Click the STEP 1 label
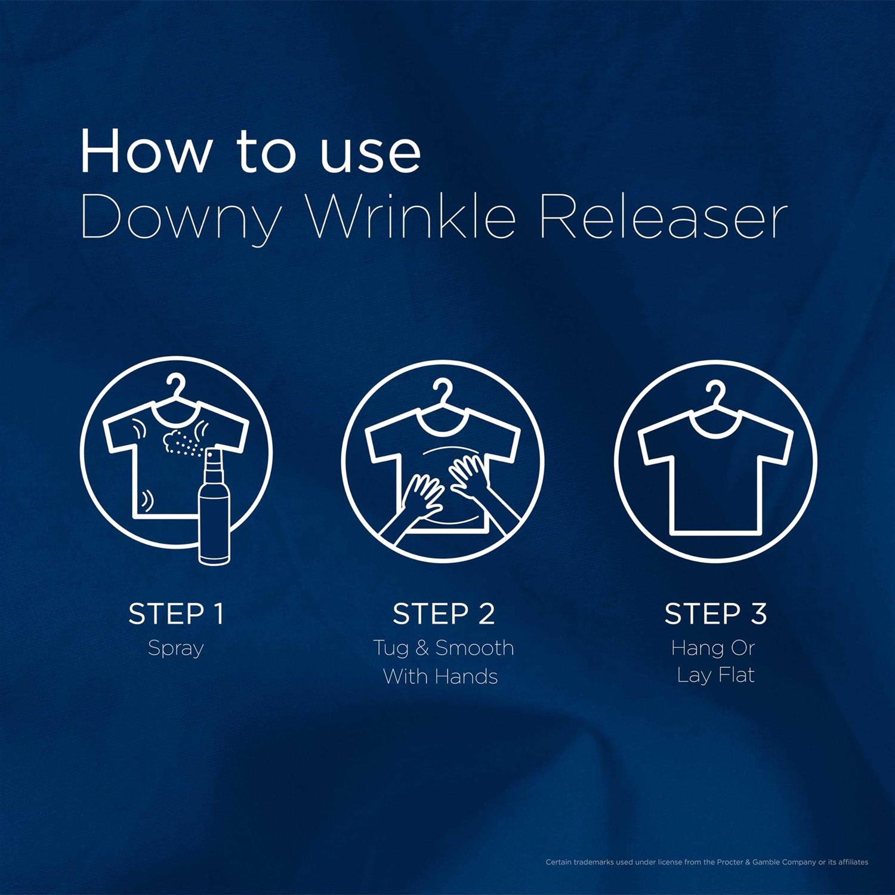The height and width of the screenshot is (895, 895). pos(176,614)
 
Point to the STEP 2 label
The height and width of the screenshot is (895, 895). pos(443,614)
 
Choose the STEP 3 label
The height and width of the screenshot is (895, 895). pos(715,614)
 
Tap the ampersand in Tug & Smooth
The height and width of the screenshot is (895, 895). pos(422,648)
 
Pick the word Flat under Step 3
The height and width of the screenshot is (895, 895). pos(737,675)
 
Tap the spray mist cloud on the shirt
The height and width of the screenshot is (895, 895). pos(179,442)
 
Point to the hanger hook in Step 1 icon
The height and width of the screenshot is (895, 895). pos(177,385)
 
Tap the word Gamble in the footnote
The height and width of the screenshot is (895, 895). pos(769,862)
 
